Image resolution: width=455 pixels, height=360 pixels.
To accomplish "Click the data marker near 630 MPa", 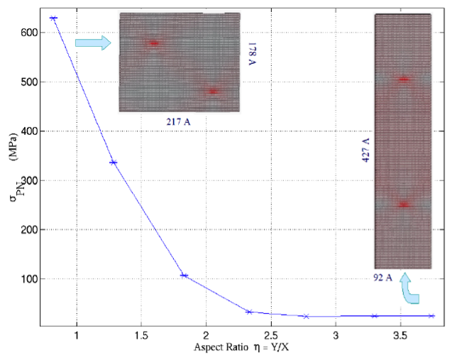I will point(53,18).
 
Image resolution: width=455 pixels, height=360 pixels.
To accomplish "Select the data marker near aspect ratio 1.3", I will point(113,162).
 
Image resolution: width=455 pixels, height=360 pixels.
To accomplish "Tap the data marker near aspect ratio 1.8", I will point(184,275).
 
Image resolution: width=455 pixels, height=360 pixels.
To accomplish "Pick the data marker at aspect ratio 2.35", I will point(249,311).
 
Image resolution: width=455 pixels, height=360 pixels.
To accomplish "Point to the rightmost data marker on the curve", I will point(432,315).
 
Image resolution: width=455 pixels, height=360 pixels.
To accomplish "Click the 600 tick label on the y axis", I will point(28,33).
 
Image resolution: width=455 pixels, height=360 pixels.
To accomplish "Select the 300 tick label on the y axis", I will point(28,180).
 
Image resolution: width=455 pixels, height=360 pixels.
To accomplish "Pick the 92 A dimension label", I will point(383,277).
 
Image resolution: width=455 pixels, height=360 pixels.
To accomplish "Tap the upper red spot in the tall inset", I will point(403,80).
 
